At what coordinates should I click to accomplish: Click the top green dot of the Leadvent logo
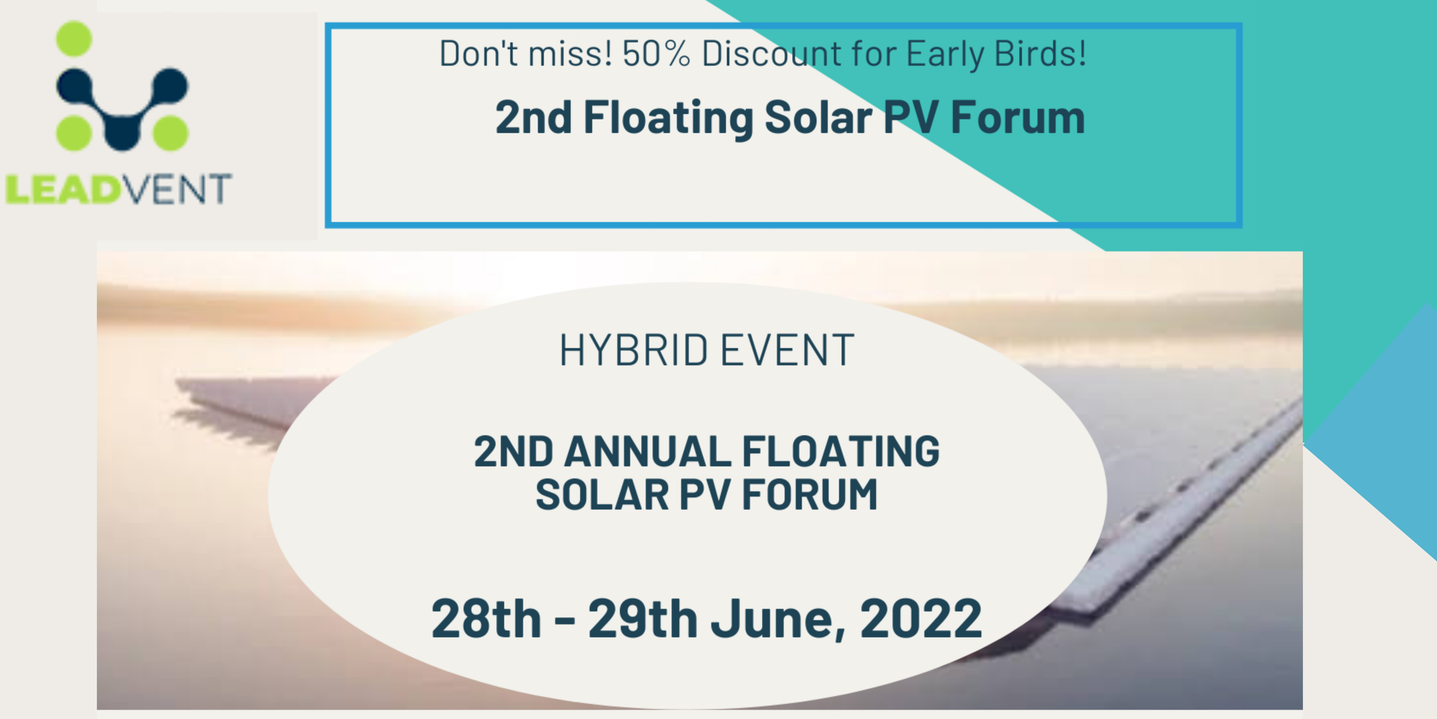(x=74, y=38)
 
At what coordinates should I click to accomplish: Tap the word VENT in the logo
(x=176, y=189)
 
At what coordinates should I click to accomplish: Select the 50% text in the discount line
(x=656, y=54)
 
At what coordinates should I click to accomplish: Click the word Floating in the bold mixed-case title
(x=668, y=118)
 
